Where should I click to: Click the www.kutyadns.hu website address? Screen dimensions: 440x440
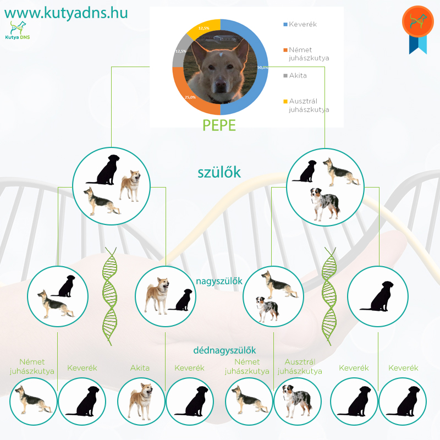[66, 13]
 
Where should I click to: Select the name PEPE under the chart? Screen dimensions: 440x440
[219, 125]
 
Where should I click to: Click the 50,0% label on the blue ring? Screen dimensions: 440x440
[262, 67]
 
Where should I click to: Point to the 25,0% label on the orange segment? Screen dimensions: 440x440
[190, 97]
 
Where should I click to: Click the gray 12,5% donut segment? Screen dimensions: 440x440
[180, 51]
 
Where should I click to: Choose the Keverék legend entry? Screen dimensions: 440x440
[300, 24]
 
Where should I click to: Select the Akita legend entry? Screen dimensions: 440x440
[295, 75]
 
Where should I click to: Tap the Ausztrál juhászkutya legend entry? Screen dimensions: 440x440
[306, 105]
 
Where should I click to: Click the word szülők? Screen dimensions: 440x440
[219, 172]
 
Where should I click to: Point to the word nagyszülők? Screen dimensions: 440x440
[219, 281]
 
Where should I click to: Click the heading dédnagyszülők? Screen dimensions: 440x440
[224, 350]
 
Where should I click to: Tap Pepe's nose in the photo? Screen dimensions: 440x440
[221, 84]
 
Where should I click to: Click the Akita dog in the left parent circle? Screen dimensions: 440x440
[130, 186]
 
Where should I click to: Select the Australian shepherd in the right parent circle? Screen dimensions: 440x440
[325, 204]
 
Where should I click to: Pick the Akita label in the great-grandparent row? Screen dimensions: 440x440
[140, 368]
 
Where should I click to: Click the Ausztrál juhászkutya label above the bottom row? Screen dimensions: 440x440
[300, 366]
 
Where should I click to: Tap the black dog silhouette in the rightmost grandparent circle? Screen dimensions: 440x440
[377, 296]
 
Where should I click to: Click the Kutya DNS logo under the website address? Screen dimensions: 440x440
[18, 30]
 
